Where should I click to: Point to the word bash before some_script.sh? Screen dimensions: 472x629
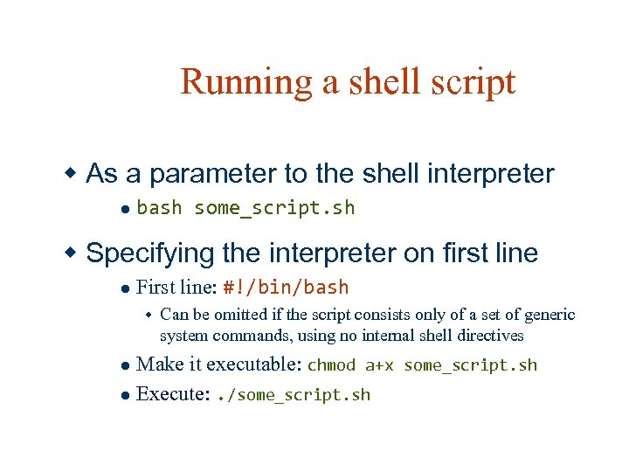[x=160, y=208]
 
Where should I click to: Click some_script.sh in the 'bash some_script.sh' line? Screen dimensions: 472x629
[x=274, y=208]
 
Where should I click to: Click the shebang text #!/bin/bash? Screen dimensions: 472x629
[x=286, y=288]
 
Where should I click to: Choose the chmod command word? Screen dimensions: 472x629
[x=331, y=365]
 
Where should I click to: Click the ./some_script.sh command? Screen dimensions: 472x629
[x=293, y=395]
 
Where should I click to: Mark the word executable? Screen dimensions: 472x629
[x=252, y=364]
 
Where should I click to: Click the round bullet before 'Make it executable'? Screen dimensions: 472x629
[x=126, y=365]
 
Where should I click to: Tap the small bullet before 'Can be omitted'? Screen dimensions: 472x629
[x=149, y=316]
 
